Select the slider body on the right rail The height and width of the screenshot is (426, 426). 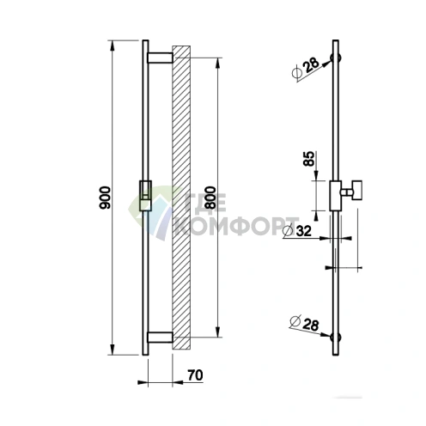pyautogui.click(x=336, y=193)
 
